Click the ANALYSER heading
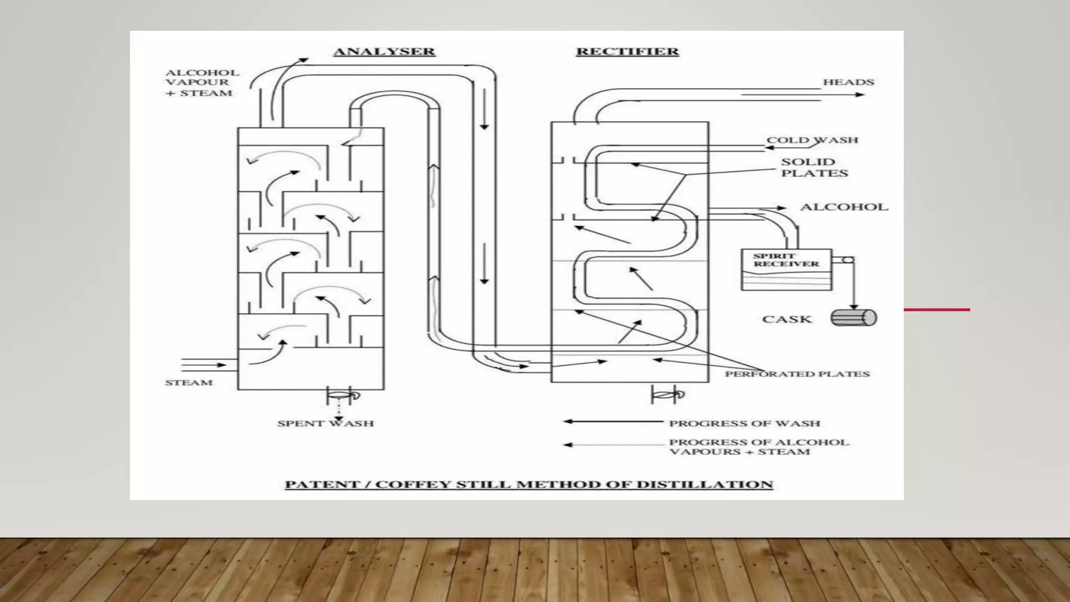click(384, 52)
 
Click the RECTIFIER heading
click(627, 52)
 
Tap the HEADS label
click(848, 82)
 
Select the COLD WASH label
click(812, 140)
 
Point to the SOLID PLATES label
click(814, 167)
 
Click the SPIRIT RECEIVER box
click(786, 269)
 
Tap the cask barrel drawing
click(854, 318)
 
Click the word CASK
click(787, 319)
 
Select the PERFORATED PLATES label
click(797, 374)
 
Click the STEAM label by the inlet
click(189, 383)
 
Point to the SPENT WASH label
click(325, 423)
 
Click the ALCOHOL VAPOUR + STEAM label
click(202, 83)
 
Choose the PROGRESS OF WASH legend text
click(745, 423)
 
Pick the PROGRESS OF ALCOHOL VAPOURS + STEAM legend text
click(759, 447)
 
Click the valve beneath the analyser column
click(342, 396)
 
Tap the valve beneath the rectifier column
click(667, 395)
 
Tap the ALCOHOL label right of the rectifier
click(844, 207)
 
